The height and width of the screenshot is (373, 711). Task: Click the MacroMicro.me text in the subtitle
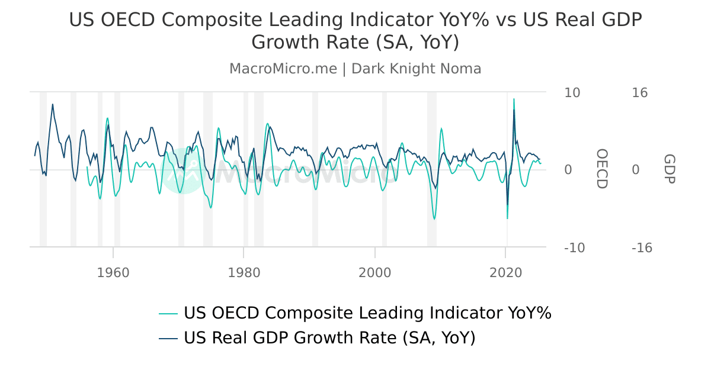click(x=283, y=69)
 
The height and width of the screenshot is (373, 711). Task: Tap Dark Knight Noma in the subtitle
click(x=416, y=69)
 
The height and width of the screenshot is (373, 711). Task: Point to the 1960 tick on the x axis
click(x=113, y=272)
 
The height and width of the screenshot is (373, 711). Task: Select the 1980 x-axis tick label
click(x=244, y=272)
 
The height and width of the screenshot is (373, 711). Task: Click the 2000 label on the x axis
click(x=374, y=272)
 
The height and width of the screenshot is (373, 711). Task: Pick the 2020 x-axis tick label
click(x=505, y=272)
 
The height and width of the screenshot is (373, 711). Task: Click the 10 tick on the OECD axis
click(x=572, y=92)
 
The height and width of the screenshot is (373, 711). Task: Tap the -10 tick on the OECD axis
click(x=574, y=247)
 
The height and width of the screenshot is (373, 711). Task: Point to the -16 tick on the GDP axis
click(x=642, y=247)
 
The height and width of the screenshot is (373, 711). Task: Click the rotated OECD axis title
click(x=601, y=169)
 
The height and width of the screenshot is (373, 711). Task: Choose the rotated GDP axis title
click(x=669, y=169)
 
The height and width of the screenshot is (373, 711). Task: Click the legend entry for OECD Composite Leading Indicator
click(x=367, y=313)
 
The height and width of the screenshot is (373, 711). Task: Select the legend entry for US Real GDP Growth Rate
click(x=329, y=337)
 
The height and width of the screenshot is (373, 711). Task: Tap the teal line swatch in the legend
click(x=168, y=313)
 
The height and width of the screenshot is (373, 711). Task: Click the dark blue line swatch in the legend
click(x=168, y=338)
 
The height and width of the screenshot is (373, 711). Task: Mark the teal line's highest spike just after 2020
click(x=514, y=99)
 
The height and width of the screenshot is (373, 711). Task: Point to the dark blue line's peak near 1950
click(x=52, y=104)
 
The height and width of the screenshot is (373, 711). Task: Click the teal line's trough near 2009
click(x=434, y=219)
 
